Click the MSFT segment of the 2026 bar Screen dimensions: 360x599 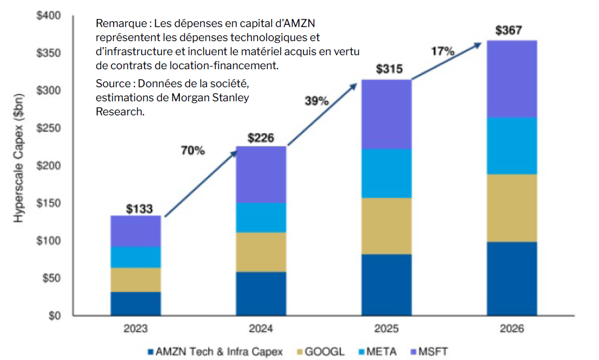[x=512, y=79]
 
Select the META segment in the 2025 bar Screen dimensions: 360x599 [x=386, y=173]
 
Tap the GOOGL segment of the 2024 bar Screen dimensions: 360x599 [x=261, y=252]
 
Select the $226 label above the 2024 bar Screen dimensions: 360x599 [x=261, y=137]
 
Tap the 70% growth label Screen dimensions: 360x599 [x=193, y=150]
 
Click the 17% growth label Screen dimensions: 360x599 [x=443, y=51]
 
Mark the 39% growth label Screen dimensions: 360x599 [x=317, y=101]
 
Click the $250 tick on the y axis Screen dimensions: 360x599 [x=49, y=128]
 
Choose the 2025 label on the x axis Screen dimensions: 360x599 [x=386, y=328]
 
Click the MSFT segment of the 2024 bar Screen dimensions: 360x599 [x=261, y=174]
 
